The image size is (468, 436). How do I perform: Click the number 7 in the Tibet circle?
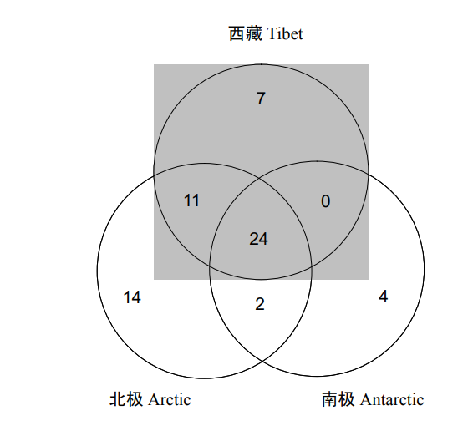click(x=261, y=99)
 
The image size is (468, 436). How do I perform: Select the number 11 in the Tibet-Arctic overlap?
click(x=191, y=200)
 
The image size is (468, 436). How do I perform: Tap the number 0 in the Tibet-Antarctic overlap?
click(x=326, y=201)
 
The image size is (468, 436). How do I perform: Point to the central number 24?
click(x=258, y=239)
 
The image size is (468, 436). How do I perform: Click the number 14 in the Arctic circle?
click(x=132, y=297)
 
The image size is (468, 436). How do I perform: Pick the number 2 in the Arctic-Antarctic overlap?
click(x=260, y=305)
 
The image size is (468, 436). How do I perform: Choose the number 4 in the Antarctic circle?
click(x=384, y=297)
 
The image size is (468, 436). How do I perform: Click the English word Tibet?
click(x=285, y=33)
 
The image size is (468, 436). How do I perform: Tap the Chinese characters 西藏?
click(x=246, y=33)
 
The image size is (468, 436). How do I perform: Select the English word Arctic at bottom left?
click(x=169, y=399)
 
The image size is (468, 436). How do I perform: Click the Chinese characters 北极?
click(x=126, y=399)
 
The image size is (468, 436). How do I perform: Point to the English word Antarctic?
click(x=392, y=399)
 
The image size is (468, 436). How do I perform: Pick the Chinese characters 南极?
click(x=338, y=399)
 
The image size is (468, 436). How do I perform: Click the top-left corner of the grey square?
click(x=154, y=64)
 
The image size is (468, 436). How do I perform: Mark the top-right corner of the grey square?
click(x=369, y=64)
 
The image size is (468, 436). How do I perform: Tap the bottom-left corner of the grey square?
click(x=154, y=280)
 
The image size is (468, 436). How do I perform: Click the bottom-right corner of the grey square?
click(x=369, y=280)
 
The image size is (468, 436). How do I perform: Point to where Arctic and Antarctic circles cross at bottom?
click(x=262, y=362)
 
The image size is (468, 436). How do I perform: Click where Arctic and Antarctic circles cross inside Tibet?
click(x=260, y=178)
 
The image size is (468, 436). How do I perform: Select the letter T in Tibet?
click(x=272, y=33)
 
